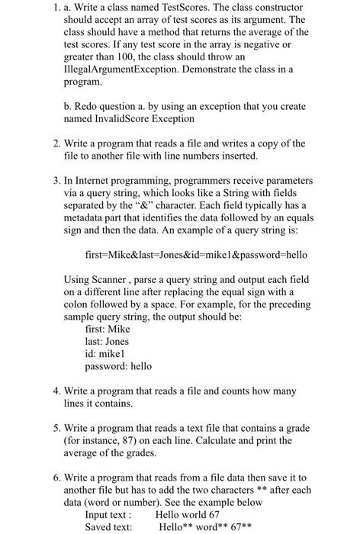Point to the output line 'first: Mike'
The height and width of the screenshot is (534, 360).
tap(107, 330)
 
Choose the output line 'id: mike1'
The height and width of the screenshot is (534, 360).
tap(106, 354)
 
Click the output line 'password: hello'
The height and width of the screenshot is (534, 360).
tap(118, 367)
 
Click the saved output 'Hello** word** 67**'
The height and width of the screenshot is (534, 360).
tap(204, 527)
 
